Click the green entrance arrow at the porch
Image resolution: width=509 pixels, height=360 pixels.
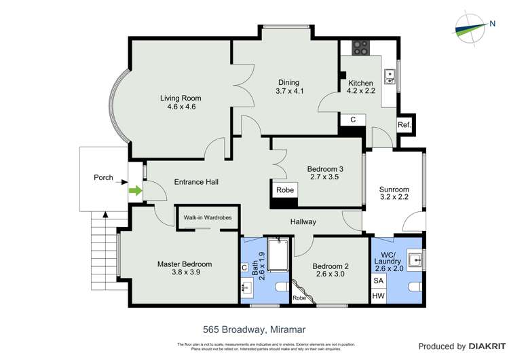coord(136,192)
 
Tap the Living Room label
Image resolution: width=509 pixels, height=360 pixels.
coord(181,98)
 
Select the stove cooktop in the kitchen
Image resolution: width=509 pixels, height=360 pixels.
coord(360,48)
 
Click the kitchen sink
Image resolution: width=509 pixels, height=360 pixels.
coord(390,77)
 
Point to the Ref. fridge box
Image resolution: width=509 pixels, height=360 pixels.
coord(404,125)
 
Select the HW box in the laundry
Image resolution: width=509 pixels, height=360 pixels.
coord(377,295)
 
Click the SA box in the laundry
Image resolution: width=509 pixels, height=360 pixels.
coord(377,281)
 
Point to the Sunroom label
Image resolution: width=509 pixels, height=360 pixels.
coord(394,190)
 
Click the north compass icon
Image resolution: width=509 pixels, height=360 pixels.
coord(472,28)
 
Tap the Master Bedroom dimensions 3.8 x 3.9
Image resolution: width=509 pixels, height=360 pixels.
coord(185,272)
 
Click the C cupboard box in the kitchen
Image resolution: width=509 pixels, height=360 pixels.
coord(352,120)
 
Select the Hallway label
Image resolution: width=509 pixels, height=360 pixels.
coord(303,221)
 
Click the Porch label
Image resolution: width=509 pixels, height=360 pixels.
coord(103,178)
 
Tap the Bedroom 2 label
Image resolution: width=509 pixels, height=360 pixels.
coord(331,266)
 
